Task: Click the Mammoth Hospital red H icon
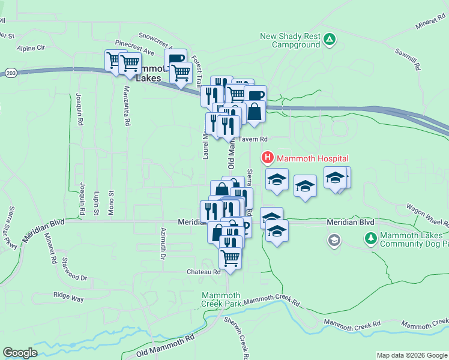(x=267, y=158)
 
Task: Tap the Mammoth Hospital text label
(x=312, y=158)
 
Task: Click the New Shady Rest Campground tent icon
(x=329, y=40)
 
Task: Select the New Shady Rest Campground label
(x=290, y=40)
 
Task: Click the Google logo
(x=20, y=353)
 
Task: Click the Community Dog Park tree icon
(x=370, y=238)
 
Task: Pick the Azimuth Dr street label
(x=163, y=244)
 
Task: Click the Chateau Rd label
(x=203, y=272)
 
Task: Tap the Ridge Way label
(x=68, y=295)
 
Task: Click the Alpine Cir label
(x=31, y=47)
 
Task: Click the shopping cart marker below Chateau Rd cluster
(x=230, y=258)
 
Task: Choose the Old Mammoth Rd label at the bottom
(x=166, y=346)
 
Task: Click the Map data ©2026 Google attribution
(x=411, y=355)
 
